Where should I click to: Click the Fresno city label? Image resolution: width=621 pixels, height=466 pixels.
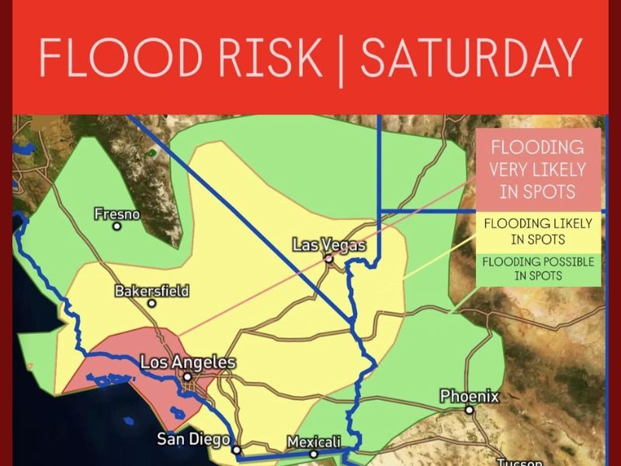click(x=116, y=213)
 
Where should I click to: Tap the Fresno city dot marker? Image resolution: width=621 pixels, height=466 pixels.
click(x=116, y=227)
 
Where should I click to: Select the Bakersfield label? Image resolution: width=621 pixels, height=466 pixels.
click(x=152, y=291)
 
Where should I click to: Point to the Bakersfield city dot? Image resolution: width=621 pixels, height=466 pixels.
click(x=152, y=304)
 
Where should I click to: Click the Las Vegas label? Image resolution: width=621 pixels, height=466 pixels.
click(x=328, y=245)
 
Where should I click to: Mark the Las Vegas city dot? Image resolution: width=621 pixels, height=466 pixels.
click(x=328, y=257)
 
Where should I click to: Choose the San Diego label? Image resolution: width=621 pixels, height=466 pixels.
click(x=193, y=439)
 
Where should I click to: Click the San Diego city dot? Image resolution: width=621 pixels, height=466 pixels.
click(x=237, y=450)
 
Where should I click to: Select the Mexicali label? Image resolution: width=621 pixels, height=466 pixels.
click(x=314, y=442)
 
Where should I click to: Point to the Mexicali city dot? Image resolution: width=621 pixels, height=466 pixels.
click(x=314, y=454)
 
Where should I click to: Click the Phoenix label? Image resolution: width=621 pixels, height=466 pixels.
click(x=470, y=397)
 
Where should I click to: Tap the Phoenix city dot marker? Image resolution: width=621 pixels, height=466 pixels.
click(x=470, y=409)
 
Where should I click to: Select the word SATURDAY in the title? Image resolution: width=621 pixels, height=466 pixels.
click(x=471, y=57)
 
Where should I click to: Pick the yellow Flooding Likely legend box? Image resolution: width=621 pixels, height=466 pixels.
click(x=538, y=231)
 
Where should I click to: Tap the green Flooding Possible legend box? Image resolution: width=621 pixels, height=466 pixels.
click(x=538, y=269)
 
